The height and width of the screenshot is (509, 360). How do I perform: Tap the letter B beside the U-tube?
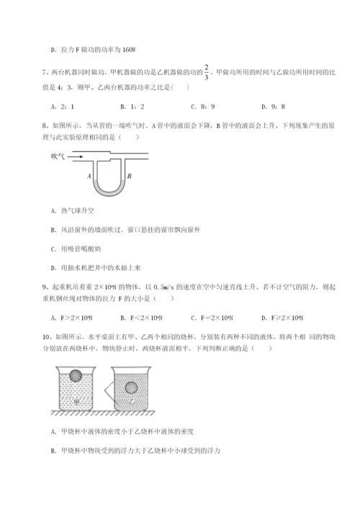tap(127, 175)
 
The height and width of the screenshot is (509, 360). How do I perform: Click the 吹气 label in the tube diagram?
tap(60, 155)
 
